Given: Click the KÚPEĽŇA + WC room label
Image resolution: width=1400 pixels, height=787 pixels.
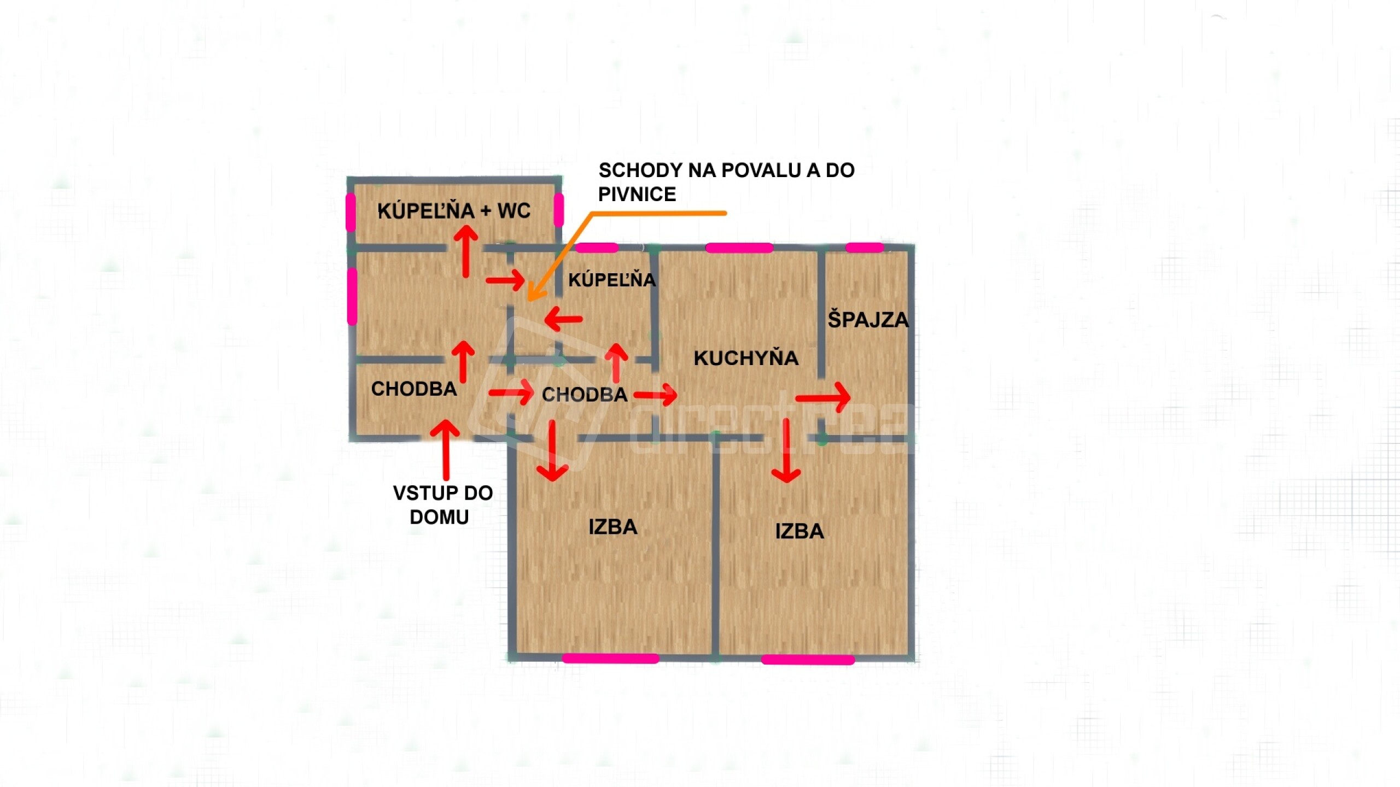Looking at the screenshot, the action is click(x=454, y=211).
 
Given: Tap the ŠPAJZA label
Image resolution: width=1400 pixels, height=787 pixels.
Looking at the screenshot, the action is click(x=868, y=320).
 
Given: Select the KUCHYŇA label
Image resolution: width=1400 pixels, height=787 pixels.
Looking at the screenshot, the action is click(x=746, y=358).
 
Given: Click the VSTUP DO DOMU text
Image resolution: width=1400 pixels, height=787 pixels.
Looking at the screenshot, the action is click(x=442, y=505).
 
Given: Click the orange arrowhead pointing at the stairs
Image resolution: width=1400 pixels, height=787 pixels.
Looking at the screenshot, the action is click(x=534, y=293).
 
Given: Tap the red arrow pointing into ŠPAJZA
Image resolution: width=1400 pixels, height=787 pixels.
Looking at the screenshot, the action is click(x=822, y=397).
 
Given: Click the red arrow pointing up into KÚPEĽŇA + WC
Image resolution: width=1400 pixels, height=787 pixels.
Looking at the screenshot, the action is click(x=465, y=252).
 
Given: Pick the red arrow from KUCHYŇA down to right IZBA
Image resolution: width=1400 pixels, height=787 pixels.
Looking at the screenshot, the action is click(x=787, y=450).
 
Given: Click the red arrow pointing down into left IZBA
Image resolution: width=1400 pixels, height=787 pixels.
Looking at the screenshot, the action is click(x=552, y=450).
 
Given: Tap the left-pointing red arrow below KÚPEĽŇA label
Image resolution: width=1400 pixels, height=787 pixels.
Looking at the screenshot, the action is click(x=563, y=319).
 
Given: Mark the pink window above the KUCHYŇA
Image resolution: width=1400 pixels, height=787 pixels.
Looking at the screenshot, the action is click(x=739, y=248).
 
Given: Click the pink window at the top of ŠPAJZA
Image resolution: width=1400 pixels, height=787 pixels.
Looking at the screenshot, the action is click(x=865, y=248).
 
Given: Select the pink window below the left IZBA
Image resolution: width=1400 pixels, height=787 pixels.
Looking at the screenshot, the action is click(x=611, y=659).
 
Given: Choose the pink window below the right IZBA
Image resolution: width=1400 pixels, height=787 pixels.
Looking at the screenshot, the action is click(x=808, y=660).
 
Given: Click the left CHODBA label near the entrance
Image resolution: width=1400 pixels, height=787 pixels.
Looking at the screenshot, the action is click(x=414, y=389).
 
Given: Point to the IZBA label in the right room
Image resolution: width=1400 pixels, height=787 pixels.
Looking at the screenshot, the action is click(x=800, y=531).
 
